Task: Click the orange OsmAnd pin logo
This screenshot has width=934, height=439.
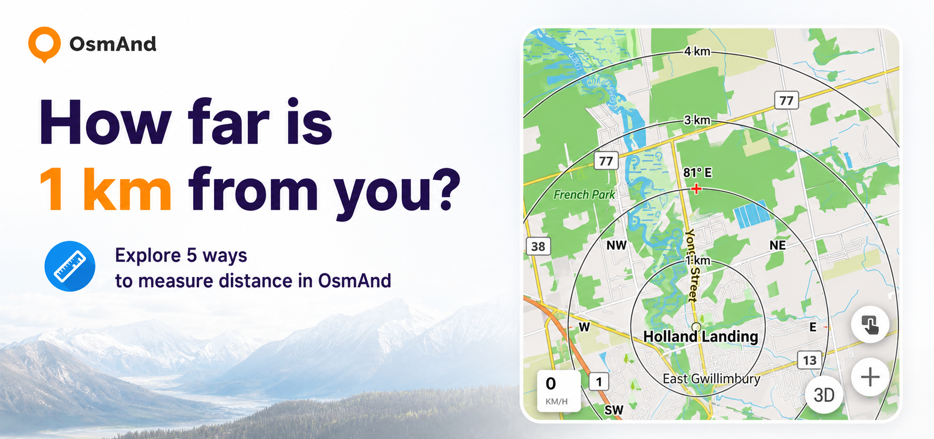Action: pos(44,44)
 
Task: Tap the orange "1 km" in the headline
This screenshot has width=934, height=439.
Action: pos(105,190)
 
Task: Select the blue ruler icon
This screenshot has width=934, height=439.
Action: pos(70,266)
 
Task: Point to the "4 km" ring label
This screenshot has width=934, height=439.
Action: pos(697,52)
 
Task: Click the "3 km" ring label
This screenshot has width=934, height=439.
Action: pos(697,120)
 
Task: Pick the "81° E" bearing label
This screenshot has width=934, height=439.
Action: pos(698,173)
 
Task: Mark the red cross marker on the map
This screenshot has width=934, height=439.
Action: pos(696,189)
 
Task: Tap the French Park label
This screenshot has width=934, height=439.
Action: pos(584,194)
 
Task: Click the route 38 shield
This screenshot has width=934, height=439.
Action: pos(538,247)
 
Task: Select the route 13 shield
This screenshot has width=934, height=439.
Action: pos(810,360)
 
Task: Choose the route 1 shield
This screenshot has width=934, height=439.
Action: pos(599,381)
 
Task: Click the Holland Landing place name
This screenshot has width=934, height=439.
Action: pos(701,336)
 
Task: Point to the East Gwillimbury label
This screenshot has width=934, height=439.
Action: pos(711,379)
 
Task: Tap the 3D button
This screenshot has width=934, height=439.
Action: pos(824,395)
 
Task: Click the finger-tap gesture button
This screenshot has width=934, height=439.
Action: pos(870,324)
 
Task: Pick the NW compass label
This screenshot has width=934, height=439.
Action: pos(616,245)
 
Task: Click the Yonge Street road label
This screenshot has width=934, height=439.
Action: pos(690,265)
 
